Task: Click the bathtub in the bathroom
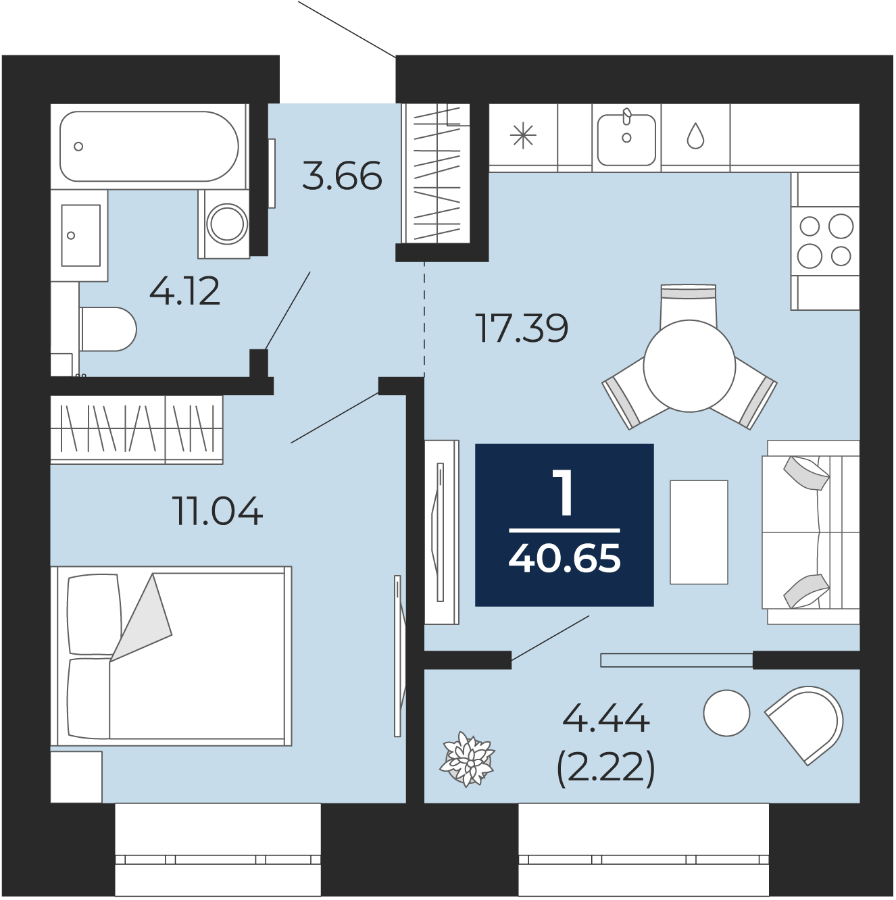[149, 146]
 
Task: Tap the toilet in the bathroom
[107, 329]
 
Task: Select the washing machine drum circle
[227, 223]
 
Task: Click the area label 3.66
[342, 176]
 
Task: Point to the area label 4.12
[184, 291]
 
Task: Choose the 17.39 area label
[522, 328]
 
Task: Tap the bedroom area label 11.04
[217, 511]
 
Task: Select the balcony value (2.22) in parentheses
[606, 768]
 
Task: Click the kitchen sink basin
[626, 140]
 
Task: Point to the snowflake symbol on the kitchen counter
[523, 135]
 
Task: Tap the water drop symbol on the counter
[695, 136]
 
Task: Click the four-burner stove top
[825, 241]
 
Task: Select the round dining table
[689, 366]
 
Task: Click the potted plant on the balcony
[467, 759]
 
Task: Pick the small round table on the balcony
[726, 714]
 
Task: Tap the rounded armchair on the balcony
[807, 723]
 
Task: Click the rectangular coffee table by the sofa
[699, 532]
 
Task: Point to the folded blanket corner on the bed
[140, 616]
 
